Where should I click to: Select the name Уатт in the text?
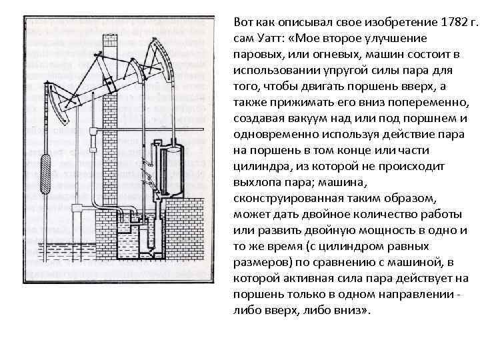(267, 39)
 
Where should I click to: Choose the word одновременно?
(275, 134)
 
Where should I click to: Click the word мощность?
(378, 231)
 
